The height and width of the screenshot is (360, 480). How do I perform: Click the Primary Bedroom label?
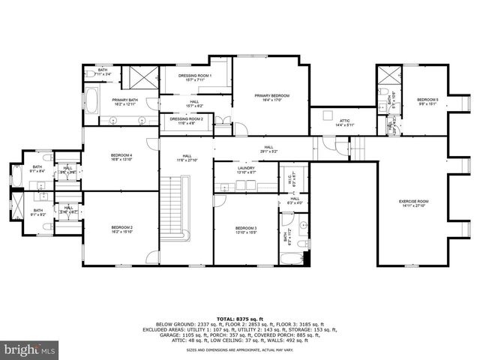pos(271,96)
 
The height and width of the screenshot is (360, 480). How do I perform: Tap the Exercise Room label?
pos(413,201)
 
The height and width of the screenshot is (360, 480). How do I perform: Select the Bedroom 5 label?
pos(427,100)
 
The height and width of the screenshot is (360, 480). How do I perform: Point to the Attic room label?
pos(344,121)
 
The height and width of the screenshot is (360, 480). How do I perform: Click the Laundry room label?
pos(247,169)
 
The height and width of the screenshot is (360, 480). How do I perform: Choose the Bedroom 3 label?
pos(246,228)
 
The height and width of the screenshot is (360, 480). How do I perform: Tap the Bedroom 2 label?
pos(121,227)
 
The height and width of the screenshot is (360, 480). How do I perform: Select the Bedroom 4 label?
pos(121,155)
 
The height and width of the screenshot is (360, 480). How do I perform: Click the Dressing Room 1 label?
pos(195,76)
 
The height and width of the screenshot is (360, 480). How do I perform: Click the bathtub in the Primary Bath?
pos(93,100)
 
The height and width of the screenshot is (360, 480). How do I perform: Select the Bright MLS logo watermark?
pos(30,349)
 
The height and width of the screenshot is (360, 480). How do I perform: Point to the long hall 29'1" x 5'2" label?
pos(267,148)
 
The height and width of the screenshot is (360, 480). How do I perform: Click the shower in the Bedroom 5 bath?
pos(390,76)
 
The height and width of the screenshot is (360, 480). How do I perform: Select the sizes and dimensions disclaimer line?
pos(239,349)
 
